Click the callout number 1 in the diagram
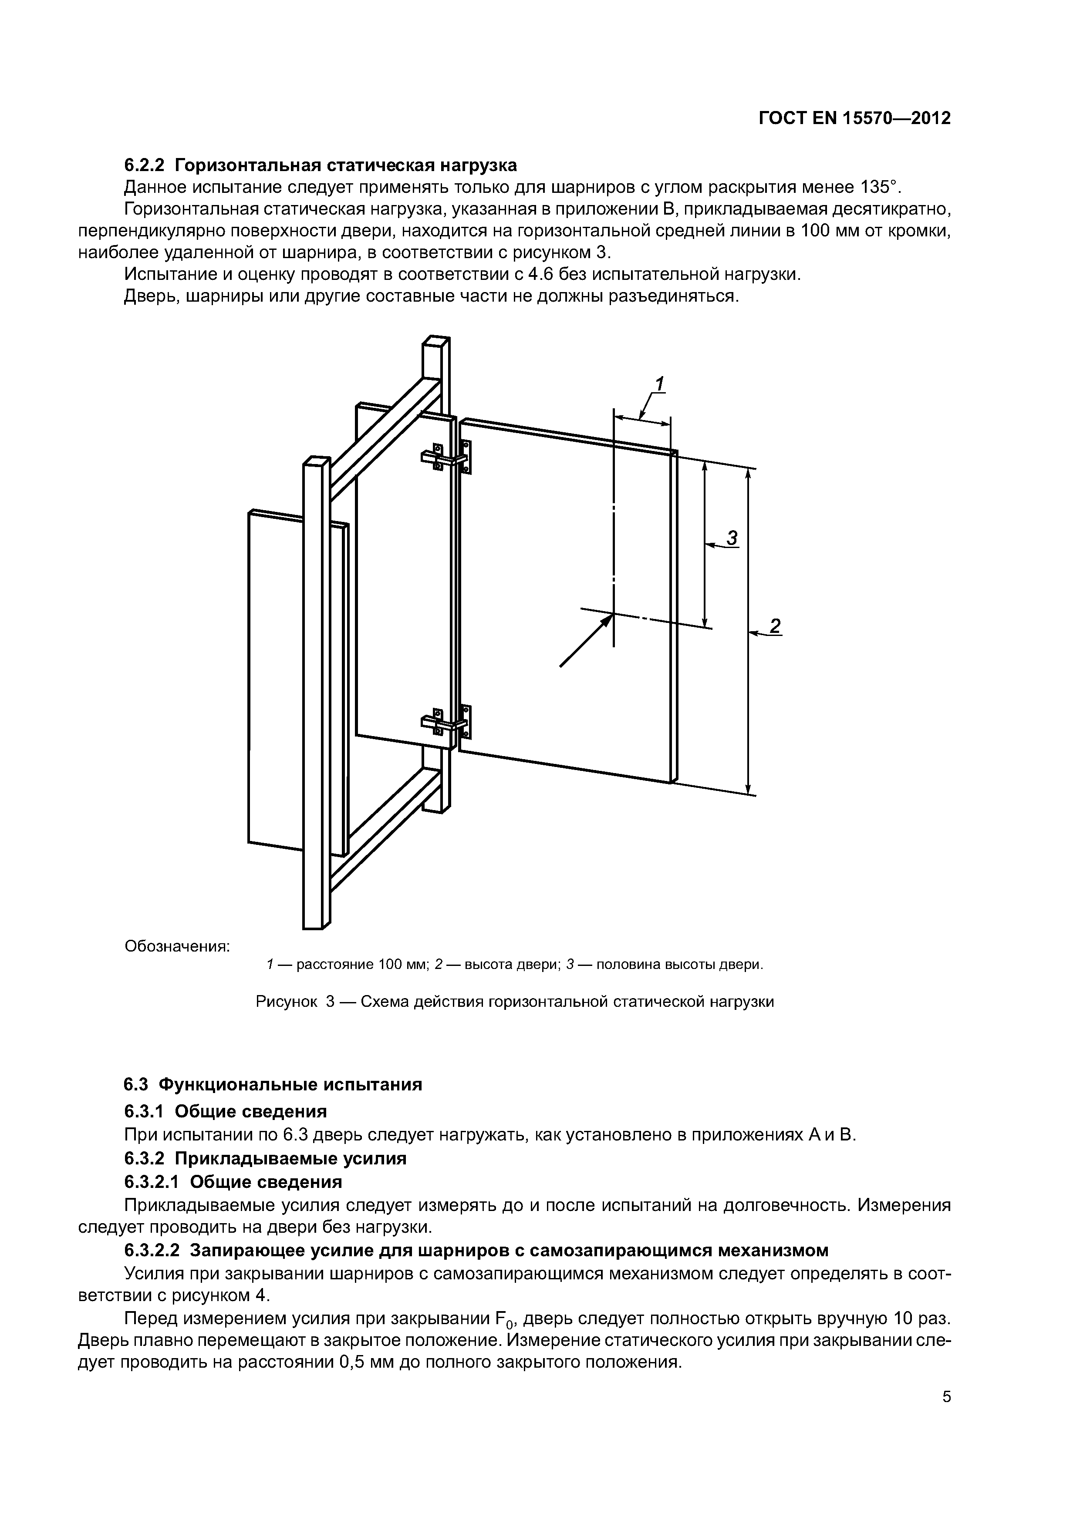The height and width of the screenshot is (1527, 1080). pyautogui.click(x=659, y=384)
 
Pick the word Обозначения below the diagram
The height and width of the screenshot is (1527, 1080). pyautogui.click(x=177, y=946)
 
